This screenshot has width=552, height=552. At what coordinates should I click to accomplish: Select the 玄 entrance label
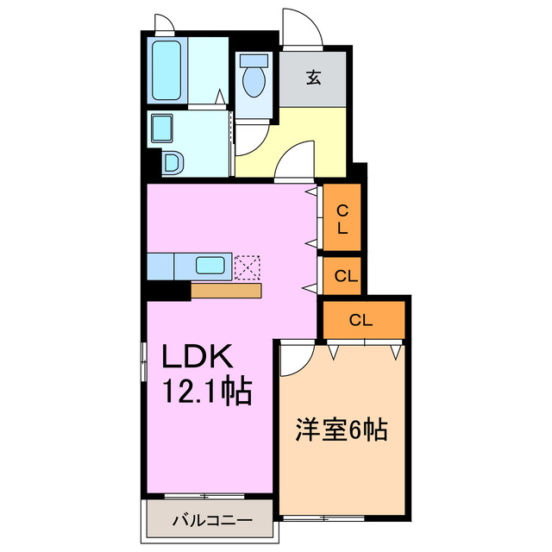(x=314, y=78)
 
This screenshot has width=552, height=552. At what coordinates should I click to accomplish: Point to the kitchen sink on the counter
(x=211, y=266)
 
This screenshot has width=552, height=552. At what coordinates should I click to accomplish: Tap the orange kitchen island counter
(x=226, y=291)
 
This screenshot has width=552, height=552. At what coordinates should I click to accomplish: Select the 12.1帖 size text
(x=208, y=392)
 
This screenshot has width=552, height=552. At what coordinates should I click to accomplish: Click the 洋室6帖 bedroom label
(x=341, y=429)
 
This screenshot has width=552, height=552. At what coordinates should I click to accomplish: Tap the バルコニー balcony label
(x=211, y=521)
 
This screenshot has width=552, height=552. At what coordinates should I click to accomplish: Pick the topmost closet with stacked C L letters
(x=342, y=219)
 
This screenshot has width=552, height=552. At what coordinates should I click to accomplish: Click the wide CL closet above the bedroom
(x=361, y=320)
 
